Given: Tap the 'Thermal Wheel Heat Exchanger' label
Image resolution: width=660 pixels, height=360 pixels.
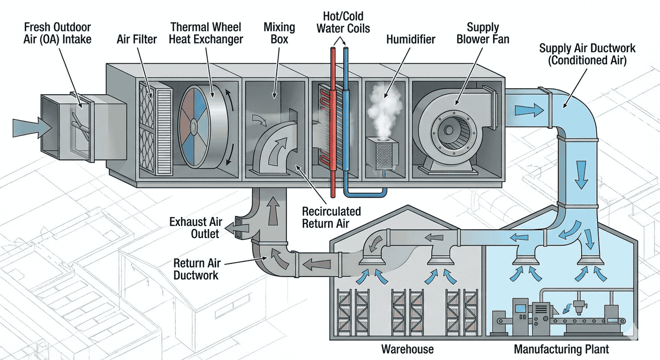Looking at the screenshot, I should click(206, 33).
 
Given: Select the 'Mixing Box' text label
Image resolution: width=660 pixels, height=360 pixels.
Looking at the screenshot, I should click(279, 33).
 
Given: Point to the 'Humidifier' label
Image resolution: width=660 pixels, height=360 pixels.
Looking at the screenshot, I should click(411, 39).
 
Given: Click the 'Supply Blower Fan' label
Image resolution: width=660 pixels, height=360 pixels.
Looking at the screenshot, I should click(483, 33).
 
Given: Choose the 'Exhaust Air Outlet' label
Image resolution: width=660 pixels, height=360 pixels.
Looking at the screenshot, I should click(196, 227).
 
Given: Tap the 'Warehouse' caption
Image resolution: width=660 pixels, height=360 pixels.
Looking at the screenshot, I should click(407, 349).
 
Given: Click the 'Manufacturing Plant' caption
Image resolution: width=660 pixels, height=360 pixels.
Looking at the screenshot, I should click(561, 349).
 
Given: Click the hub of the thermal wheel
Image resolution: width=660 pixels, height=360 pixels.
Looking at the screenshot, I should click(193, 126).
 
